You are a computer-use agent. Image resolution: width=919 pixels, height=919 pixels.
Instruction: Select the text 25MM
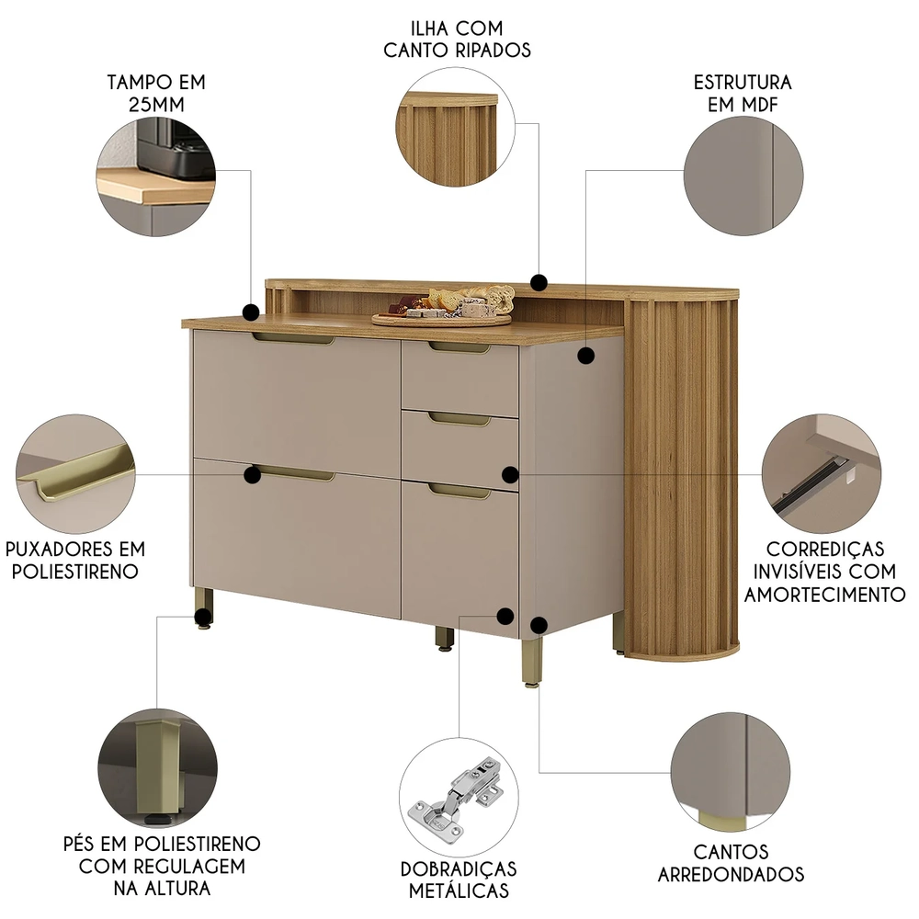coord(156,105)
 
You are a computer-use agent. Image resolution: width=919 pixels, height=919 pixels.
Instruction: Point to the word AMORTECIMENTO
coord(824,595)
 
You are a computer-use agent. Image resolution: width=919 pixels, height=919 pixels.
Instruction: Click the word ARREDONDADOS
coord(731,875)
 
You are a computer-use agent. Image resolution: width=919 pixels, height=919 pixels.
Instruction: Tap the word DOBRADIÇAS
coord(459,868)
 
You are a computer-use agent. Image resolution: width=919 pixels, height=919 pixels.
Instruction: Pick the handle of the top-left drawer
coord(294,338)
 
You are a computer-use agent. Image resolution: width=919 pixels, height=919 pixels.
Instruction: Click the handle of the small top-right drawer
coord(459,347)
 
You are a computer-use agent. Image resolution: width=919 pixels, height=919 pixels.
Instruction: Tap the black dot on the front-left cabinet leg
coord(203,616)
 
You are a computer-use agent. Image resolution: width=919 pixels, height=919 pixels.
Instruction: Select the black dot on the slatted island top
coord(539,282)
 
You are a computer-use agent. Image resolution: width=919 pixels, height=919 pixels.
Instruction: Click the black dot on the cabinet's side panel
coord(585,355)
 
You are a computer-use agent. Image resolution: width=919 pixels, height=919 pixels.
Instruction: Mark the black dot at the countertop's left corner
coord(251,312)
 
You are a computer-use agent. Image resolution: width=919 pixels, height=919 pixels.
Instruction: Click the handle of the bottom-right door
coord(459,491)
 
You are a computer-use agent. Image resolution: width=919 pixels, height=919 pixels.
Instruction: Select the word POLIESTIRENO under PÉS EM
coord(198,844)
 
